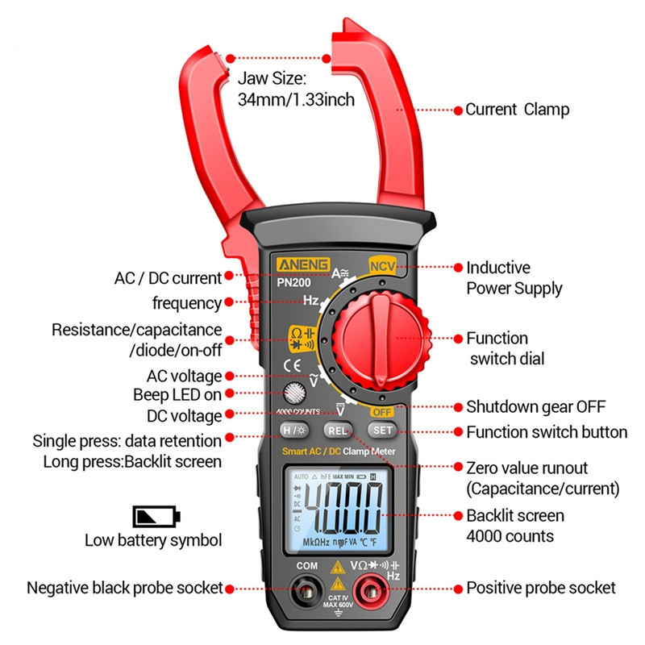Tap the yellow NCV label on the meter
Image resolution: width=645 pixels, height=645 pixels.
pos(380,265)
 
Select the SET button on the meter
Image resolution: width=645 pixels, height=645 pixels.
pos(382,431)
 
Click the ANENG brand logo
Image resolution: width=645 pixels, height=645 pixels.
pos(298,266)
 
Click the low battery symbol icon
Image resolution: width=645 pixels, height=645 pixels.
pos(157,516)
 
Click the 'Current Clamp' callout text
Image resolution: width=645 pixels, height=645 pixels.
pos(518,110)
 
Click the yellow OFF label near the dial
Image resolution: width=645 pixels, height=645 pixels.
pos(381,411)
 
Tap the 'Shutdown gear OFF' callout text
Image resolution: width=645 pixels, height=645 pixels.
pos(535,407)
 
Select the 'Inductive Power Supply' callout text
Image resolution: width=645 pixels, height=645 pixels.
pos(514,277)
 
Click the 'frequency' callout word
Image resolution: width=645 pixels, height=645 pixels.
pos(186,303)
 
